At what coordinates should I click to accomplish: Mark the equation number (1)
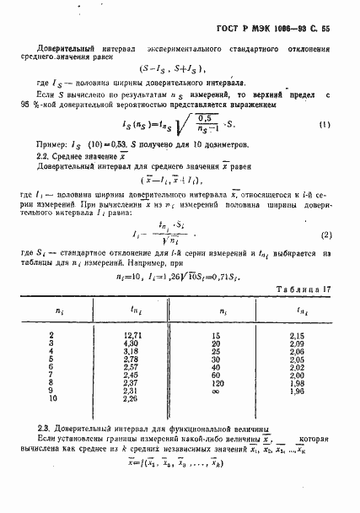pos(325,101)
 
